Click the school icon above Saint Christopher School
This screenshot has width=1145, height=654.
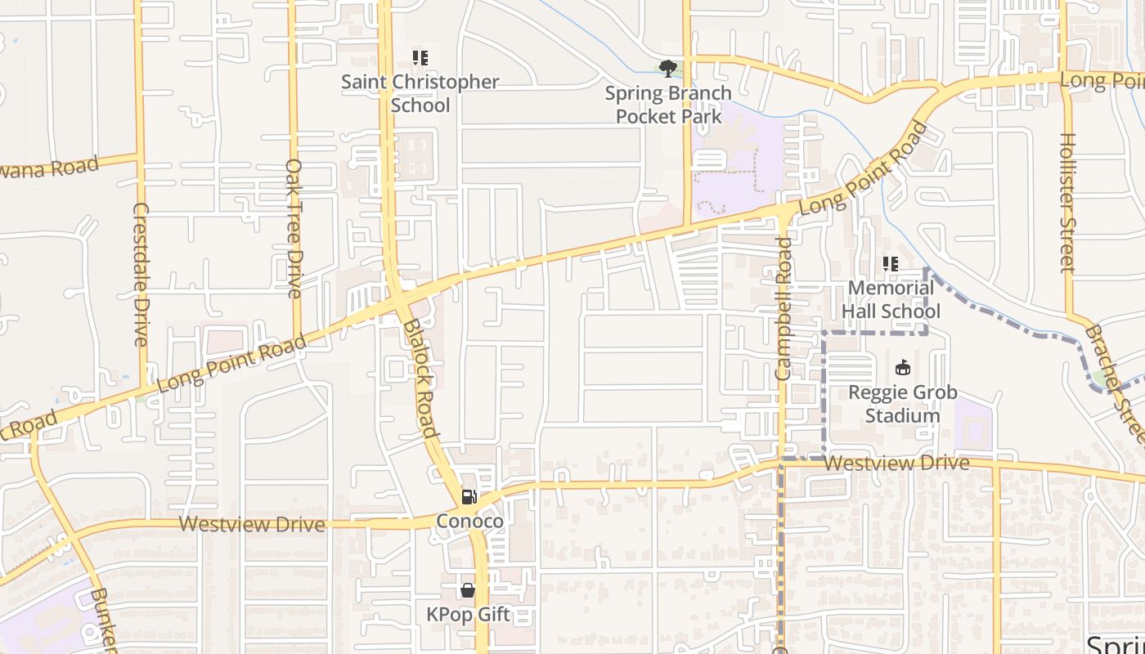[420, 58]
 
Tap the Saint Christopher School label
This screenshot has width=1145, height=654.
[420, 93]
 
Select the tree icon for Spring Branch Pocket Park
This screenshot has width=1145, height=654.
[668, 68]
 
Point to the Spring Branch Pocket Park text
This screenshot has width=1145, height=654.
[668, 105]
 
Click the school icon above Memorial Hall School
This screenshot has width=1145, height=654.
[891, 264]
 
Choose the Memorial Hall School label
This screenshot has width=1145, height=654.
[891, 299]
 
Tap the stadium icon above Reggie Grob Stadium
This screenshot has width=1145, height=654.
[902, 368]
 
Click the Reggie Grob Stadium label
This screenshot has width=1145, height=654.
[902, 404]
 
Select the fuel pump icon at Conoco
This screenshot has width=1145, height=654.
[469, 496]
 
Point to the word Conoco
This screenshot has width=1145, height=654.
[469, 521]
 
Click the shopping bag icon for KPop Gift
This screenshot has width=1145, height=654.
[468, 589]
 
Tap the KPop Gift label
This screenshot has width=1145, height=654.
[468, 614]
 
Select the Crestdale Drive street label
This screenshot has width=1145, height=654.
[141, 274]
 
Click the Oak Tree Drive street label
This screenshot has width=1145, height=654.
[294, 227]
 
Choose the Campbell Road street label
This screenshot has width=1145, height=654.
[784, 309]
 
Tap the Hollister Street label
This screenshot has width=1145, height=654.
[1066, 203]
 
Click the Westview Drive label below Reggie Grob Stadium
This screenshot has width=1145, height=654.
[896, 464]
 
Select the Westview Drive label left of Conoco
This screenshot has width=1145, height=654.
[252, 524]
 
